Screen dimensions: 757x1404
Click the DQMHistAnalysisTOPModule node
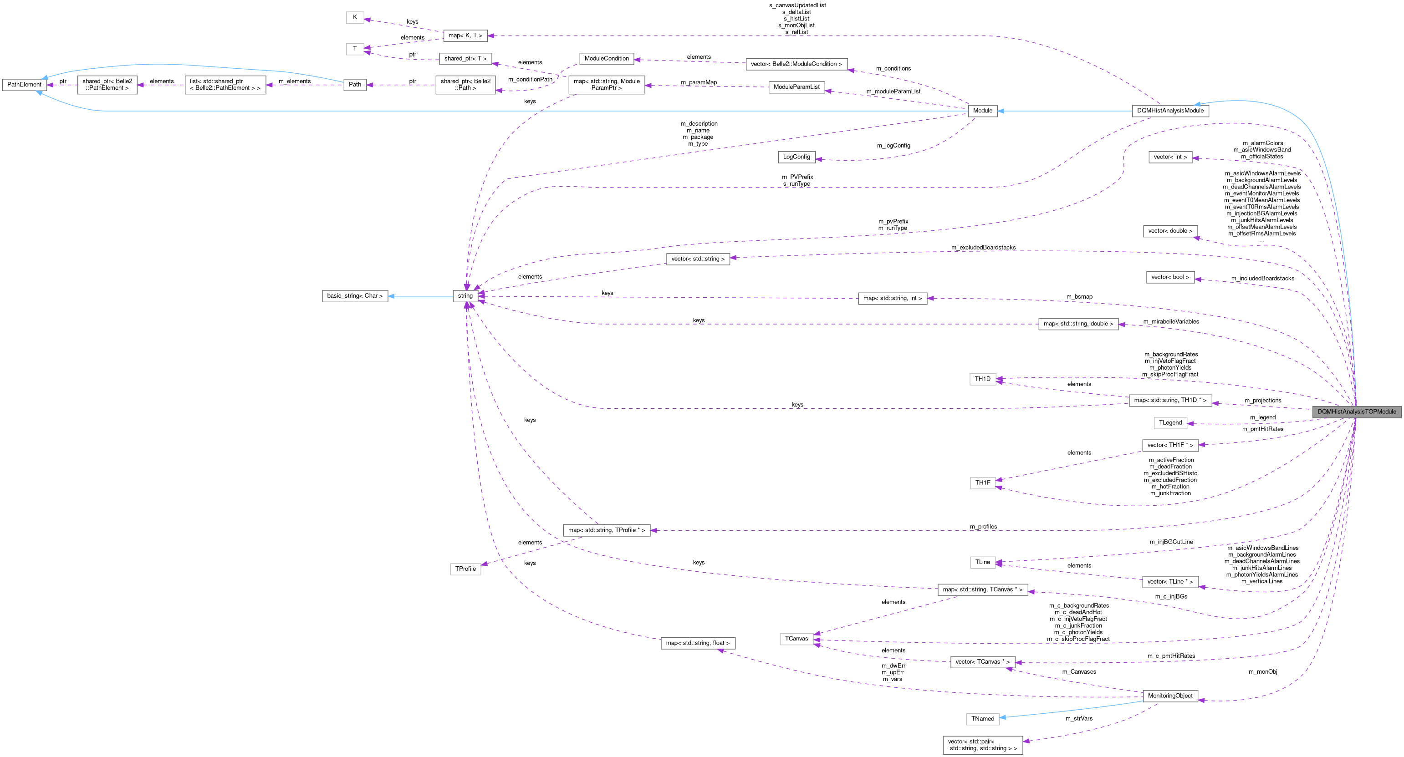coord(1356,412)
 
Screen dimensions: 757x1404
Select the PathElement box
coord(24,84)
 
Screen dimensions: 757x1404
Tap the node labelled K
coord(355,17)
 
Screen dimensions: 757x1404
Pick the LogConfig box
coord(796,157)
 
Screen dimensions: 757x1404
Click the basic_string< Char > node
coord(355,296)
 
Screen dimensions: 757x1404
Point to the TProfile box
coord(465,569)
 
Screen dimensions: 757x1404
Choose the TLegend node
coord(1170,422)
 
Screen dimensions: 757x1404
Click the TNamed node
coord(983,718)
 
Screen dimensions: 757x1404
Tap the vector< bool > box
coord(1170,277)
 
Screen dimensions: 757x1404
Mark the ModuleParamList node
coord(796,87)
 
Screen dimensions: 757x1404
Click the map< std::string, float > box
coord(698,643)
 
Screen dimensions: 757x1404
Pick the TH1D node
coord(983,379)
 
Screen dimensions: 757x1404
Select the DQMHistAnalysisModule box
coord(1170,111)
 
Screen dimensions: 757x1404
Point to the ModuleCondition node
coord(607,58)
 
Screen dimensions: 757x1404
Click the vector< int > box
coord(1170,157)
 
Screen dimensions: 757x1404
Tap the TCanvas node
coord(796,638)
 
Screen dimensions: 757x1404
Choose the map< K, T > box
coord(465,36)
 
